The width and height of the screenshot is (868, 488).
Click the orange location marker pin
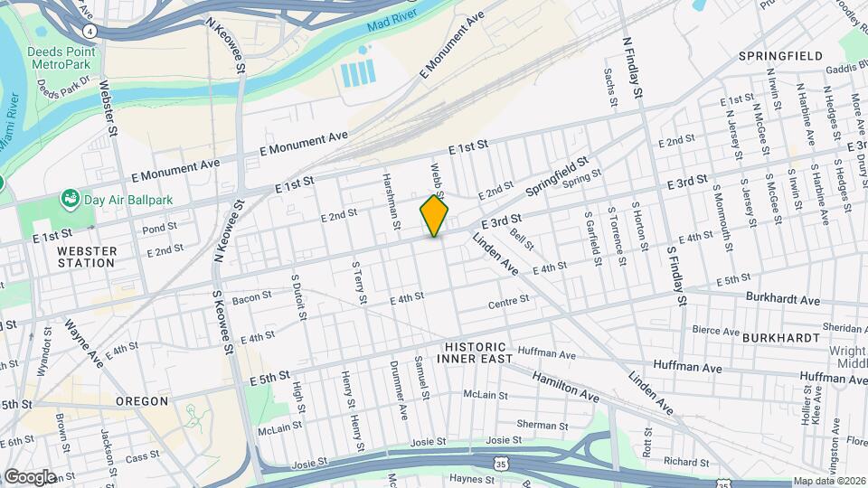click(434, 215)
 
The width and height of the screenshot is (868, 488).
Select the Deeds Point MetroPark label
click(62, 58)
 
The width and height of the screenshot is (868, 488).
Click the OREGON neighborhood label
click(142, 400)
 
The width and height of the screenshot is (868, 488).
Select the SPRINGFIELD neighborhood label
click(780, 56)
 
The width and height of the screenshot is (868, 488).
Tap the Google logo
click(30, 476)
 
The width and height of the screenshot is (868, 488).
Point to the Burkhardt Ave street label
click(782, 299)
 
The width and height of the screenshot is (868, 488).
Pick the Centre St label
click(508, 300)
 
